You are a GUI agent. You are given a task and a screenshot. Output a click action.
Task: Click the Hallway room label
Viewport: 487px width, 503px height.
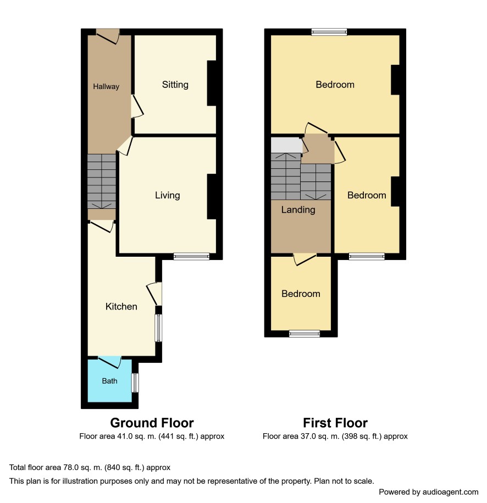point(106,86)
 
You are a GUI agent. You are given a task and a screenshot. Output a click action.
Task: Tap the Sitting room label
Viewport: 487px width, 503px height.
point(175,85)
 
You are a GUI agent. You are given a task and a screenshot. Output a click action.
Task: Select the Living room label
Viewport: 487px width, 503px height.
point(167,195)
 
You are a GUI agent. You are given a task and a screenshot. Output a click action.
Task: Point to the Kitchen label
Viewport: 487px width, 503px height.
point(121,306)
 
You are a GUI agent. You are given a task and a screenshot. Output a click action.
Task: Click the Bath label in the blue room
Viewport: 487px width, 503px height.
point(109,381)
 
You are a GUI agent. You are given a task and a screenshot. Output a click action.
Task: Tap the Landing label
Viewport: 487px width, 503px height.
point(298,210)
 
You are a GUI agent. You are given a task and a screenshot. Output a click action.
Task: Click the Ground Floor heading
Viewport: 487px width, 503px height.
point(152,423)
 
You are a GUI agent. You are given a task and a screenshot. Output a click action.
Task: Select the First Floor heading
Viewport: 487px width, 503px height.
point(335,423)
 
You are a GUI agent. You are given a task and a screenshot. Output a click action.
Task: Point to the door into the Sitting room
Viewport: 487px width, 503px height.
point(137,107)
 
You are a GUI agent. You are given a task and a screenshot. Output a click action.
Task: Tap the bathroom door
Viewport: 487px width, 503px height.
point(110,362)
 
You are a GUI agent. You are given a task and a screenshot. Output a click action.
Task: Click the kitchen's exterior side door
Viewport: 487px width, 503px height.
point(154,294)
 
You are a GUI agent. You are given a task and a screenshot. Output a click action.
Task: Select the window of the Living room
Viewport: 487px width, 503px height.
point(191,256)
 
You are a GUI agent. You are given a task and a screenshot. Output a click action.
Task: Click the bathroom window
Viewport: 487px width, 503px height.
point(135,383)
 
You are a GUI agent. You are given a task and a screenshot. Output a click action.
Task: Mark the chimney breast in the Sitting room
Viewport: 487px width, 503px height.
point(212,84)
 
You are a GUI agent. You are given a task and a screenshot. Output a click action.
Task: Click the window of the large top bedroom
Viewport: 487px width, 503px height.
point(329,32)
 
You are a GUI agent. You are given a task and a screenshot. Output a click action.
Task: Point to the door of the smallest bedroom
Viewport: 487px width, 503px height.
point(305,259)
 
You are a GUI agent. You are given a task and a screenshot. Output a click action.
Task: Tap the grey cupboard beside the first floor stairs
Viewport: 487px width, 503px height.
point(286,145)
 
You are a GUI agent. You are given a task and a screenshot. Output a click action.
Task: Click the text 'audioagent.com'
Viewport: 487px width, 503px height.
point(450,492)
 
